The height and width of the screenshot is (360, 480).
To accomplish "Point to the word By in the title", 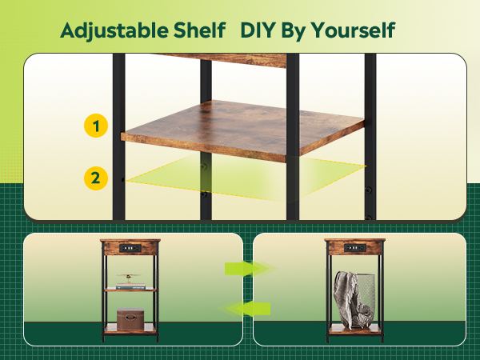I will coord(300,31).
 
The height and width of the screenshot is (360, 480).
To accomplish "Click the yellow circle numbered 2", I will coord(96,178).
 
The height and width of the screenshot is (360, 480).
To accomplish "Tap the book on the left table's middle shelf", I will coord(131,286).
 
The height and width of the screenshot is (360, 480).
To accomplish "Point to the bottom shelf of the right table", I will coord(354,328).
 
